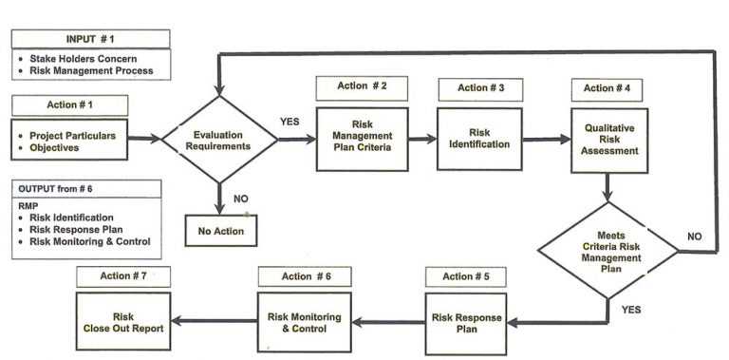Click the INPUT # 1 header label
(x=91, y=39)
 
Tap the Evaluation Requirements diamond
(x=219, y=141)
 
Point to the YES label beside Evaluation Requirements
(x=291, y=123)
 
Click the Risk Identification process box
(x=482, y=138)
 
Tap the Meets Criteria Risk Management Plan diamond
(x=607, y=249)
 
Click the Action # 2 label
(x=362, y=87)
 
